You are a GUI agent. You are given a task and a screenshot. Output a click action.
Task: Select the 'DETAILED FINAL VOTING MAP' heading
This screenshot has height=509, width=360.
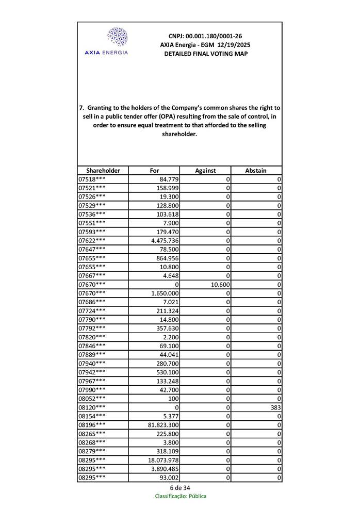[205, 54]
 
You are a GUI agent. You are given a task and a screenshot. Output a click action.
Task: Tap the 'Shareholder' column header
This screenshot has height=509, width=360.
[103, 170]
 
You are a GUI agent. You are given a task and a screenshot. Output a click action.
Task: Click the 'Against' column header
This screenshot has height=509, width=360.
[205, 170]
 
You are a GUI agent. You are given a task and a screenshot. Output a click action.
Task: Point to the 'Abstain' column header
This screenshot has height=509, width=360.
[256, 170]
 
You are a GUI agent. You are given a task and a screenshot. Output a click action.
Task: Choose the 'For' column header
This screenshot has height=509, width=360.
[154, 170]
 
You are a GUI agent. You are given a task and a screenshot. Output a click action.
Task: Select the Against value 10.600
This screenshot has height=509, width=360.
[220, 285]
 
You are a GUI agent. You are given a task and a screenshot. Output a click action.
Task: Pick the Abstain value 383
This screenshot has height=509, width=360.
[275, 407]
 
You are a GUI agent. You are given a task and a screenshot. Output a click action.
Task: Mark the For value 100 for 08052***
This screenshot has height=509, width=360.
[173, 399]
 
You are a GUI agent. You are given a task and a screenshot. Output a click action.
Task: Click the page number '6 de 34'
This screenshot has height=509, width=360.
[180, 488]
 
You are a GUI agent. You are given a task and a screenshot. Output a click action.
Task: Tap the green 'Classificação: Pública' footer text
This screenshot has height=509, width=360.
[181, 496]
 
